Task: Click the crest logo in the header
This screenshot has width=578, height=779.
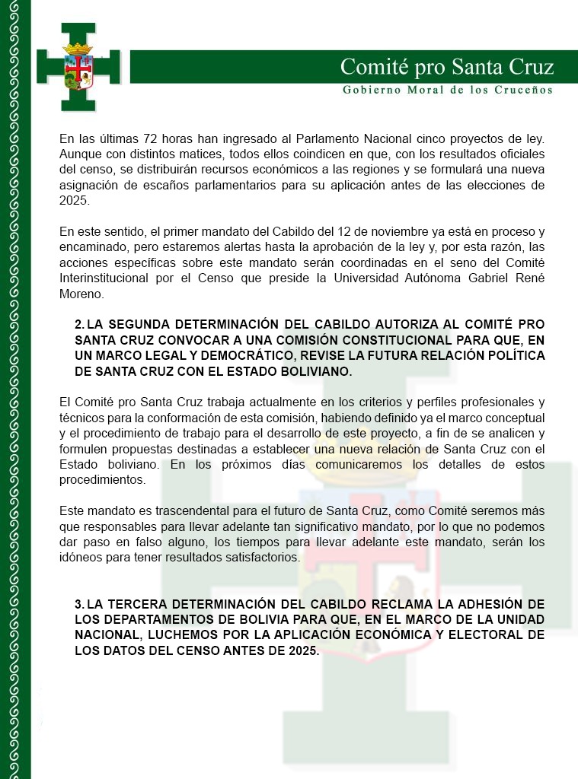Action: pos(79,67)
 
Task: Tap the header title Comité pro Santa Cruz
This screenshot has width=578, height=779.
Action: pos(446,67)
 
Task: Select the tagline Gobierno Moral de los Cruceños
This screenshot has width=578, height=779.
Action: pos(447,90)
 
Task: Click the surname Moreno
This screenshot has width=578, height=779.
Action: pos(81,293)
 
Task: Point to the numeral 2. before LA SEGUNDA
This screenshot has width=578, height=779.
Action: pos(79,325)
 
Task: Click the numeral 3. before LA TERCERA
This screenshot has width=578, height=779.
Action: pos(79,604)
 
